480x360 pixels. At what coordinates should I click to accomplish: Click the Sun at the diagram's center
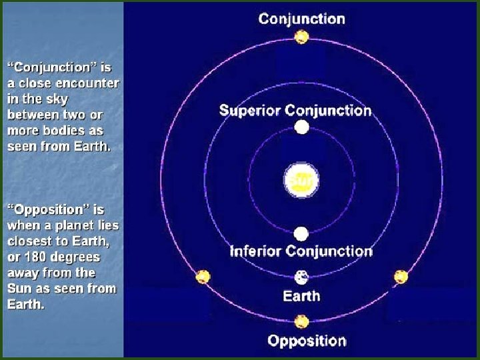click(x=301, y=181)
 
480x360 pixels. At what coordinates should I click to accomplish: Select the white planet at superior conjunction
click(x=301, y=127)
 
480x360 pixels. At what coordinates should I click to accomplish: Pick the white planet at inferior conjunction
click(x=301, y=234)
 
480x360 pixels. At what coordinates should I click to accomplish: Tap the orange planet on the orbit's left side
click(x=203, y=277)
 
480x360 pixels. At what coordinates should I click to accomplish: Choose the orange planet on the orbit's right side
click(x=401, y=277)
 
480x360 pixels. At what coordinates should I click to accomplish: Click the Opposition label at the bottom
click(x=307, y=341)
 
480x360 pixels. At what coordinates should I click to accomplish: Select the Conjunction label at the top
click(x=302, y=18)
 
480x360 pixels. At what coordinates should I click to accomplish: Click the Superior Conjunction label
click(x=295, y=109)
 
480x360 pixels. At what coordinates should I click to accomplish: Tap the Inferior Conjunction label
click(x=301, y=251)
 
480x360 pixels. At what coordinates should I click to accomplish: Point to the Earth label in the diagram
click(x=301, y=296)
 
